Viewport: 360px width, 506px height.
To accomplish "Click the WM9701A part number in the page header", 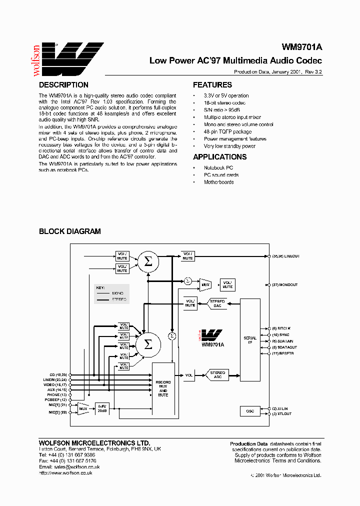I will tap(302, 47).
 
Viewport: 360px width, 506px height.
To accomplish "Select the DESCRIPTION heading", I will tap(63, 85).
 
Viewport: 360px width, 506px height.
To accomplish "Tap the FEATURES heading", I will tap(212, 85).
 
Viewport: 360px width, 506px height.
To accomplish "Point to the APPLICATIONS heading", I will tap(220, 157).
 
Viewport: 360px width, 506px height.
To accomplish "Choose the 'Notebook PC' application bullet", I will tap(218, 168).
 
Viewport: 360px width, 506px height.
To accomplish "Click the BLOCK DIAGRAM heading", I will tap(70, 231).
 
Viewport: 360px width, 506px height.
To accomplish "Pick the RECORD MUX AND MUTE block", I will tap(163, 388).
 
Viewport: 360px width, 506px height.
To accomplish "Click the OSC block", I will tap(250, 411).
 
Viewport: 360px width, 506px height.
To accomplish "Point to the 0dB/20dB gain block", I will tap(102, 408).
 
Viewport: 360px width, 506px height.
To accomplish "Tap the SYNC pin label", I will tap(283, 334).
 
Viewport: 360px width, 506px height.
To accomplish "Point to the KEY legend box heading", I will tap(100, 288).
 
